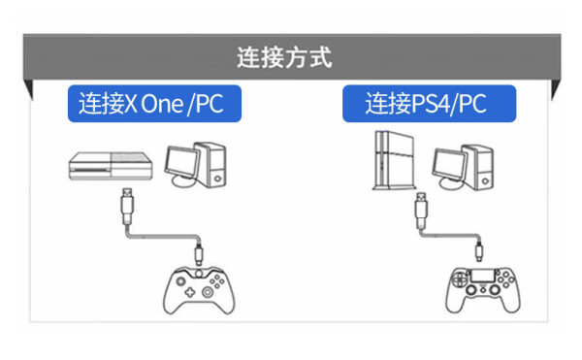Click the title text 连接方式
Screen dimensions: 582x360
click(284, 57)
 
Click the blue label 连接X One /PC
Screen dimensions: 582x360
click(154, 104)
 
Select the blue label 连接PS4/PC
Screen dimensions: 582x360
click(429, 104)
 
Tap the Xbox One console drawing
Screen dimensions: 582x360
click(111, 166)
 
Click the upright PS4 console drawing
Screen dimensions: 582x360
click(394, 160)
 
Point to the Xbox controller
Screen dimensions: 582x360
click(199, 290)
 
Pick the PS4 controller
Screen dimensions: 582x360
click(483, 290)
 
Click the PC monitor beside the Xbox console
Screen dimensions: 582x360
click(182, 166)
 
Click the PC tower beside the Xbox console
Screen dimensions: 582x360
click(211, 164)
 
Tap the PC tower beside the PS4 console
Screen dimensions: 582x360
click(479, 167)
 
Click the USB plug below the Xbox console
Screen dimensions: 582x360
click(127, 207)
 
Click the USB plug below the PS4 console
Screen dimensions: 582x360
click(421, 211)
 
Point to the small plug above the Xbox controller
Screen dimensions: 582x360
click(199, 254)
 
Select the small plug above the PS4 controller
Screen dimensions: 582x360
click(479, 251)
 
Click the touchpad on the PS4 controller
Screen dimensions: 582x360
click(482, 277)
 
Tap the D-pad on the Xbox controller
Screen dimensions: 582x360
click(190, 292)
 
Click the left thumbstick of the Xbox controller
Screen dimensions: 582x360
click(180, 281)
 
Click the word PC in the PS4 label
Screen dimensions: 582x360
click(472, 104)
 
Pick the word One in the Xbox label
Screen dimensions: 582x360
click(162, 104)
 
